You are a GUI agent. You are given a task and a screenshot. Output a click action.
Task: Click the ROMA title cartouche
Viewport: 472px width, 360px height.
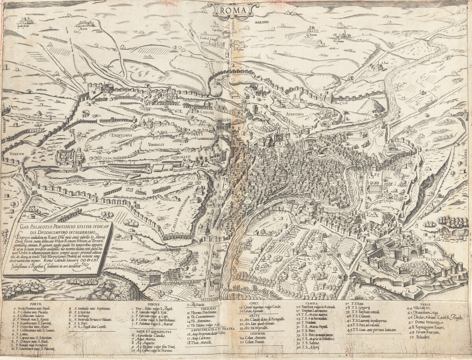233,10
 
